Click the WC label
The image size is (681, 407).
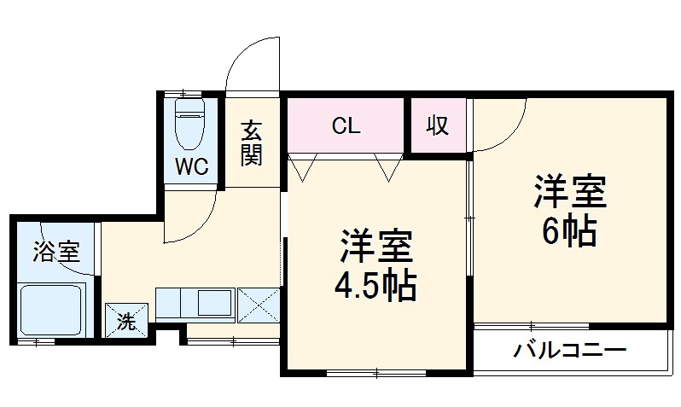[x=193, y=167]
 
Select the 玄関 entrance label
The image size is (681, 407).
[x=251, y=142]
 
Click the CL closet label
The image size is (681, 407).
[x=346, y=126]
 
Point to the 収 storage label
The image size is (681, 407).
[x=438, y=126]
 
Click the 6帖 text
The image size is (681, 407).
[x=569, y=231]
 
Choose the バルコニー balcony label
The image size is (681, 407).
[x=570, y=351]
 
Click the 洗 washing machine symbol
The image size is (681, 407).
[x=125, y=322]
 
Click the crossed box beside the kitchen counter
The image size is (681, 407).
[x=258, y=305]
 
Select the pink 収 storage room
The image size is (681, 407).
[x=438, y=126]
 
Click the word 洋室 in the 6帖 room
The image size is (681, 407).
[x=570, y=191]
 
